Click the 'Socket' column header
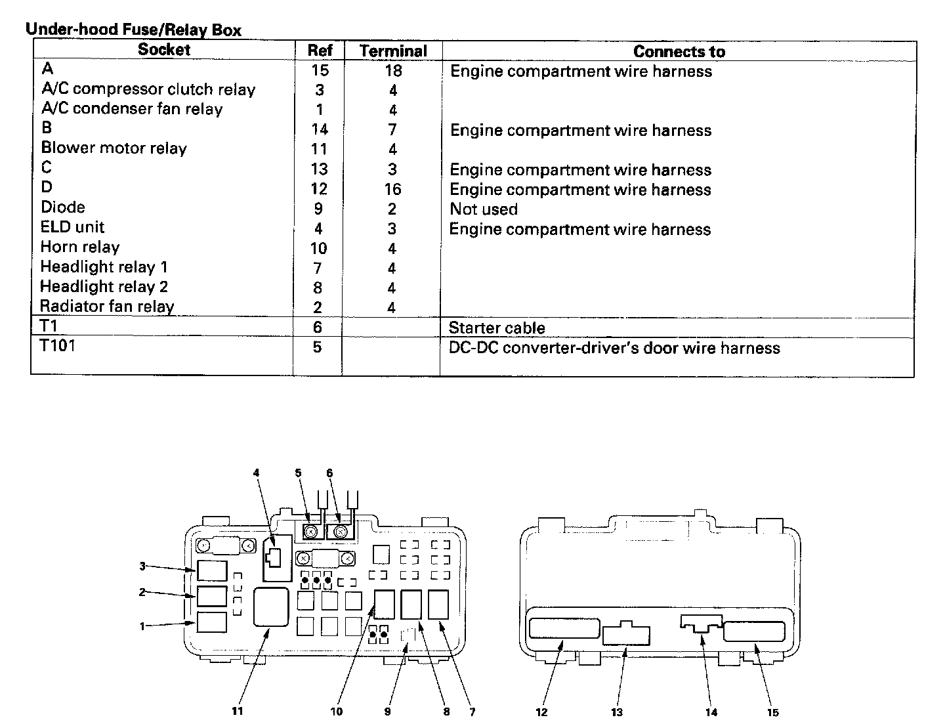tap(164, 50)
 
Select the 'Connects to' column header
tap(679, 52)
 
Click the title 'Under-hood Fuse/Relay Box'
tap(133, 30)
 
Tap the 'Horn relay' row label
tap(80, 247)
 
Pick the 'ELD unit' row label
tap(72, 227)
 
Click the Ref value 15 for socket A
tap(320, 70)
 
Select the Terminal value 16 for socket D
tap(392, 189)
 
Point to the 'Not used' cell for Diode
tap(484, 209)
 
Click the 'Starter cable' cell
tap(497, 328)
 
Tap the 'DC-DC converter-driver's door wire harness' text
tap(614, 348)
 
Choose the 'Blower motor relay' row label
tap(114, 148)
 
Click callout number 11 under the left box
tap(238, 711)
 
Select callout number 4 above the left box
tap(256, 473)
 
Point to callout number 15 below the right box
tap(772, 712)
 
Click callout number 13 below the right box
tap(616, 712)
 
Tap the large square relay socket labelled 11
tap(271, 607)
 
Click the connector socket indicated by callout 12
tap(564, 628)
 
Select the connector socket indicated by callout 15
tap(754, 631)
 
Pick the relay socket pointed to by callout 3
tap(212, 571)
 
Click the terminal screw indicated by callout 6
tap(341, 531)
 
